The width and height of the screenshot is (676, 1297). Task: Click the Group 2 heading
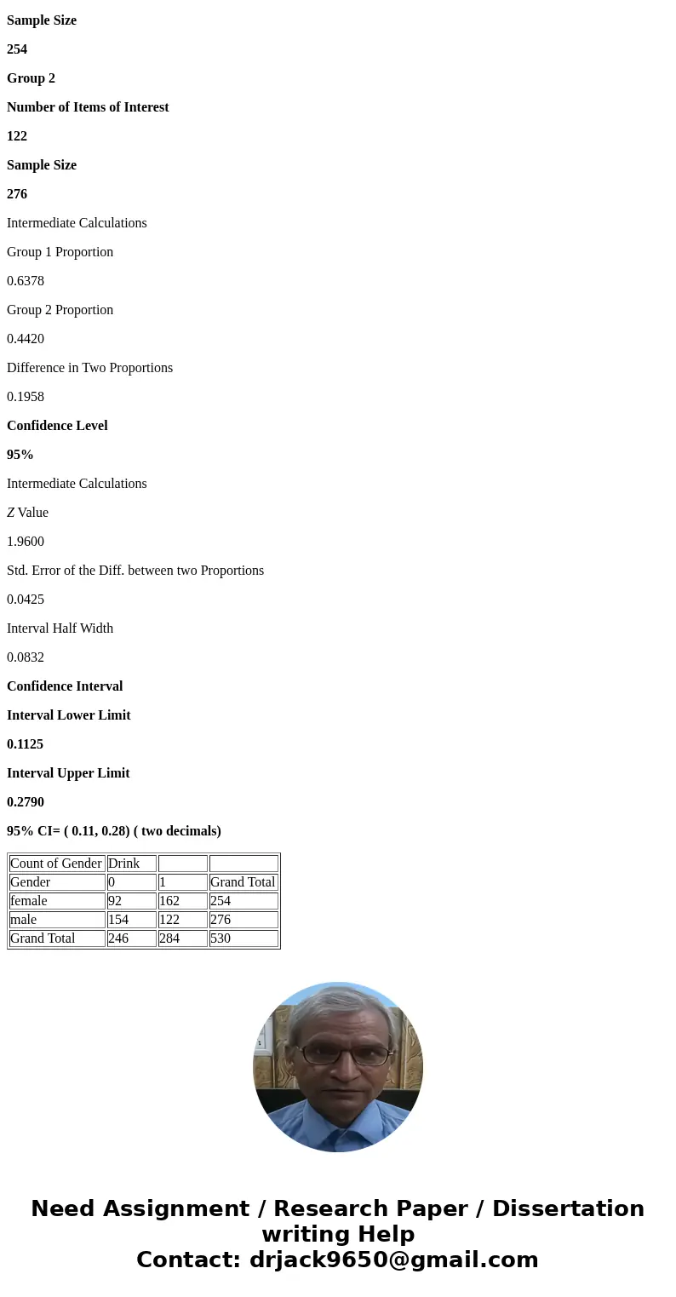pyautogui.click(x=31, y=78)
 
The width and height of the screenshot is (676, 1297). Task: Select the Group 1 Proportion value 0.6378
pyautogui.click(x=26, y=281)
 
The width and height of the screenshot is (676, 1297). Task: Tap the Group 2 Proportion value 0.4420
pyautogui.click(x=26, y=339)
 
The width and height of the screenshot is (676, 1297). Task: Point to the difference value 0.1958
pyautogui.click(x=26, y=397)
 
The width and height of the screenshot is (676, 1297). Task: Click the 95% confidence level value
pyautogui.click(x=20, y=455)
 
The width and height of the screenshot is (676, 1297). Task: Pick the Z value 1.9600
pyautogui.click(x=26, y=542)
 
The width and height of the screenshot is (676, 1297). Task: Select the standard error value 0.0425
pyautogui.click(x=26, y=600)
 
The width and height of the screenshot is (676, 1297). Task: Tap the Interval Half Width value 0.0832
pyautogui.click(x=26, y=657)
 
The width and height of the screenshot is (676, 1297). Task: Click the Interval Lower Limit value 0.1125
pyautogui.click(x=26, y=744)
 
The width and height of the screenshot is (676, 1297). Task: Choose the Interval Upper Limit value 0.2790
pyautogui.click(x=26, y=802)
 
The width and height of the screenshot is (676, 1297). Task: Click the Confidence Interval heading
pyautogui.click(x=65, y=686)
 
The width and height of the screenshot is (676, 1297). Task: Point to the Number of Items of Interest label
pyautogui.click(x=88, y=107)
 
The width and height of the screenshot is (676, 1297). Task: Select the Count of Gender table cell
pyautogui.click(x=56, y=864)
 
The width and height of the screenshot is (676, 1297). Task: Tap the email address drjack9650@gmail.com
pyautogui.click(x=393, y=1260)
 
